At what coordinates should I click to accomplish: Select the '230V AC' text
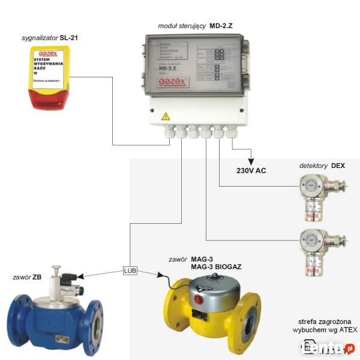tap(251, 170)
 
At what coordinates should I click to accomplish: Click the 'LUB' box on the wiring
tap(130, 270)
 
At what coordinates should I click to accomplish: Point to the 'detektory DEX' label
tap(322, 165)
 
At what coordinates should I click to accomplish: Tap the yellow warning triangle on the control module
tap(166, 116)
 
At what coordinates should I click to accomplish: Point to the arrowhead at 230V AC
tap(251, 162)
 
